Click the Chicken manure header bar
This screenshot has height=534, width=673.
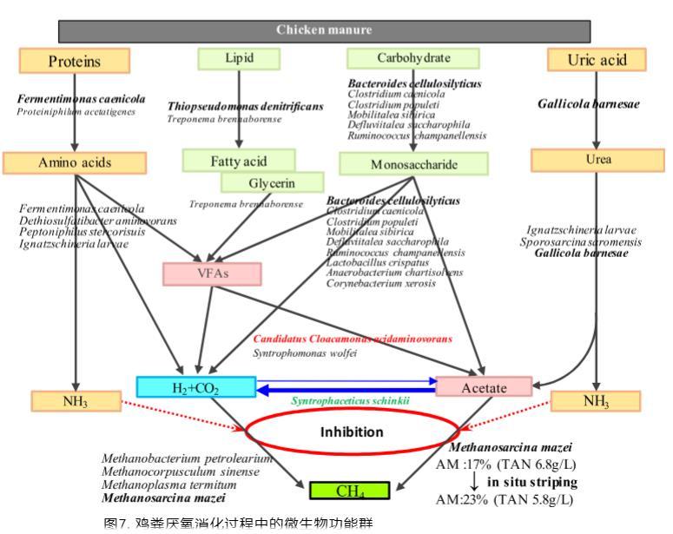(x=324, y=30)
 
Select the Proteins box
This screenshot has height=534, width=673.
(x=75, y=61)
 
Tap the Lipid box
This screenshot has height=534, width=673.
(x=240, y=58)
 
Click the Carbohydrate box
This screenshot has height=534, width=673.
(x=413, y=58)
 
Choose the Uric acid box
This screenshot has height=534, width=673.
(x=596, y=60)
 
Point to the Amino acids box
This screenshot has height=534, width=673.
(x=75, y=162)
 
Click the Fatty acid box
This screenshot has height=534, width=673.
(x=238, y=161)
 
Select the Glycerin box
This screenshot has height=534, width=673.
(x=272, y=183)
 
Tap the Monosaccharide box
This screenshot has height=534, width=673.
(x=411, y=163)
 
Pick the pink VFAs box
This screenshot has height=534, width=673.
(x=212, y=274)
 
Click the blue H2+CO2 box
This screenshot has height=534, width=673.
(x=196, y=386)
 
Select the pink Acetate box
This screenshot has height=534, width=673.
(x=484, y=387)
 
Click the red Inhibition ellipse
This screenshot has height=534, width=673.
(x=352, y=431)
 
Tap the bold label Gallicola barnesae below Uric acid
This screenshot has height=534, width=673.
(x=588, y=104)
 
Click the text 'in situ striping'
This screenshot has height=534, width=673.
(x=531, y=482)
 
